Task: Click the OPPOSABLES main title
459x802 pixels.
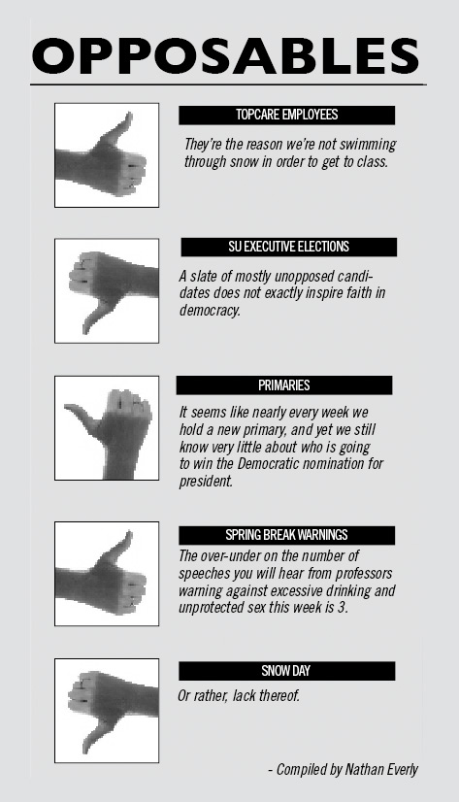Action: click(x=225, y=55)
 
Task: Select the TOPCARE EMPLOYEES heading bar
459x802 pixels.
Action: click(x=286, y=116)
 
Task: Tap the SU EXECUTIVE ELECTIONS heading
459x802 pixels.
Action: click(x=289, y=247)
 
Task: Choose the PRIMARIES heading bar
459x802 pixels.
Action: click(x=284, y=385)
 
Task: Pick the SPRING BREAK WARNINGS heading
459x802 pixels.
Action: click(x=286, y=535)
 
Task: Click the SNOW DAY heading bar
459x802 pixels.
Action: click(x=286, y=671)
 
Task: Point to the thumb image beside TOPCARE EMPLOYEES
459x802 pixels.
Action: click(x=107, y=155)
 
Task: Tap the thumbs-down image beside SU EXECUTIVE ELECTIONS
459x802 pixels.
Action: click(x=107, y=290)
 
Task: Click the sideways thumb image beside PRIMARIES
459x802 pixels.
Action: click(x=107, y=428)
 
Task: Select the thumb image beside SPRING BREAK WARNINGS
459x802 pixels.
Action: click(x=107, y=574)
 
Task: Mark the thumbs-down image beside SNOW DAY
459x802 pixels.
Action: click(x=107, y=711)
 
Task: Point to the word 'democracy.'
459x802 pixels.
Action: click(x=210, y=311)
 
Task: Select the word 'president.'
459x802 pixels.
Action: click(x=206, y=482)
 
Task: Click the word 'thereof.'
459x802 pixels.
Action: click(x=279, y=696)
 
